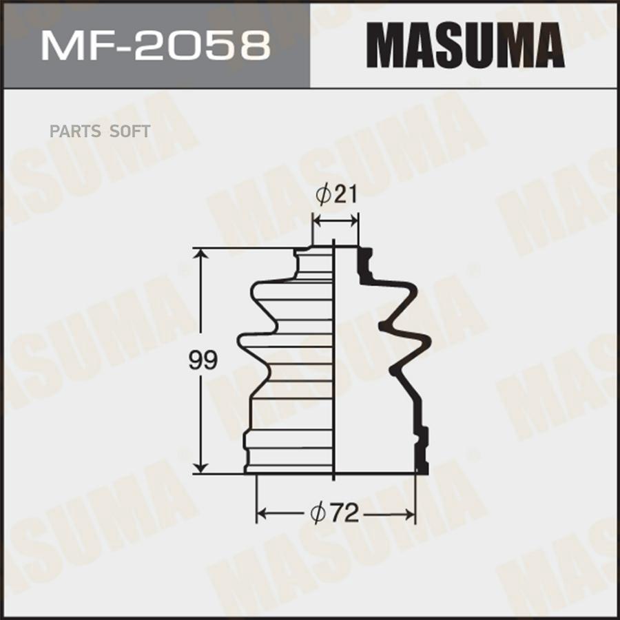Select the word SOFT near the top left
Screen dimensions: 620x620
pos(131,131)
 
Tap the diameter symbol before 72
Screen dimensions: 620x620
pos(318,513)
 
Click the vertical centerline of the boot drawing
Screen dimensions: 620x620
pos(334,358)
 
